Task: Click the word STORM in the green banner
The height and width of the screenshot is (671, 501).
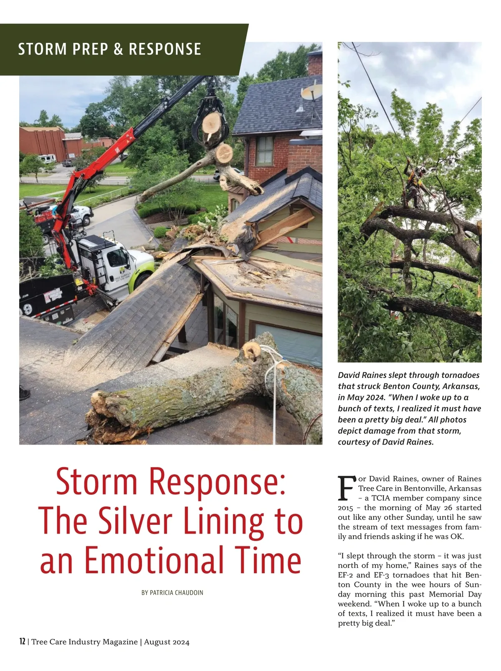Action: (x=43, y=49)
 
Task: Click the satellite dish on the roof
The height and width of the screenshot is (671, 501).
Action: (x=311, y=92)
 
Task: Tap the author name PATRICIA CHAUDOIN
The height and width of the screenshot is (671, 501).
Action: (x=172, y=592)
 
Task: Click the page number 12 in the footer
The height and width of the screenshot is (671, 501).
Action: (x=22, y=642)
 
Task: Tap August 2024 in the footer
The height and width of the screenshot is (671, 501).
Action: (x=167, y=642)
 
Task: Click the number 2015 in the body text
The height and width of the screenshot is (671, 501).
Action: (x=346, y=508)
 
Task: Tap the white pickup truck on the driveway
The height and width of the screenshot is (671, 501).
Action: (x=79, y=214)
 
